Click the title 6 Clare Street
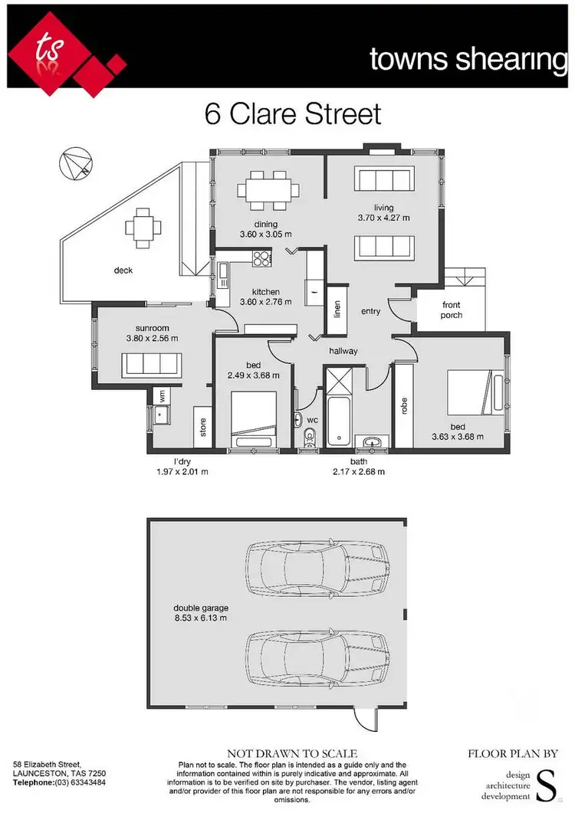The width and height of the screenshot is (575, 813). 292,114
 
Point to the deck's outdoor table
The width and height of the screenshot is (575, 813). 145,226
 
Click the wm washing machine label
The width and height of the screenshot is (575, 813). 162,396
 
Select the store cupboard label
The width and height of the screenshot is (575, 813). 202,427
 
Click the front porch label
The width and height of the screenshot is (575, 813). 452,310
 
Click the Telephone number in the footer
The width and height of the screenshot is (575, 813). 59,782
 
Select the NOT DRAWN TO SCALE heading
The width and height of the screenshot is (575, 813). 292,754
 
